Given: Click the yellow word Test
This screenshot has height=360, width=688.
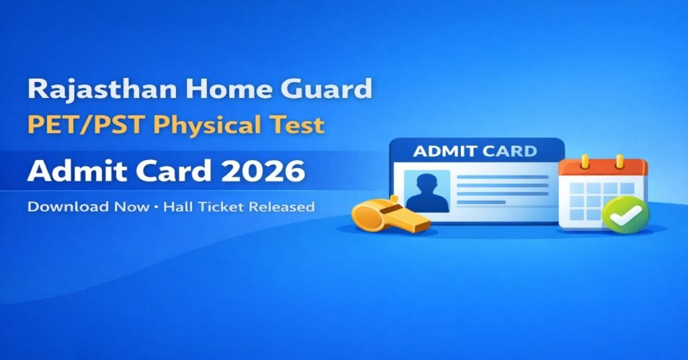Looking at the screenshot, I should (x=301, y=125).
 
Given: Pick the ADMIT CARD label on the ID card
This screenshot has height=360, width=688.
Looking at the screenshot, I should (x=475, y=150).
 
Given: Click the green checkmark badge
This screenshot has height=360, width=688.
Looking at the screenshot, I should (x=624, y=214).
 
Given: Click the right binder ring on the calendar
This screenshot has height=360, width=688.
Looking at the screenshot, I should (x=619, y=161).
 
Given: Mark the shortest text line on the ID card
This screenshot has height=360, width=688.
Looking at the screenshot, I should (x=481, y=201).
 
